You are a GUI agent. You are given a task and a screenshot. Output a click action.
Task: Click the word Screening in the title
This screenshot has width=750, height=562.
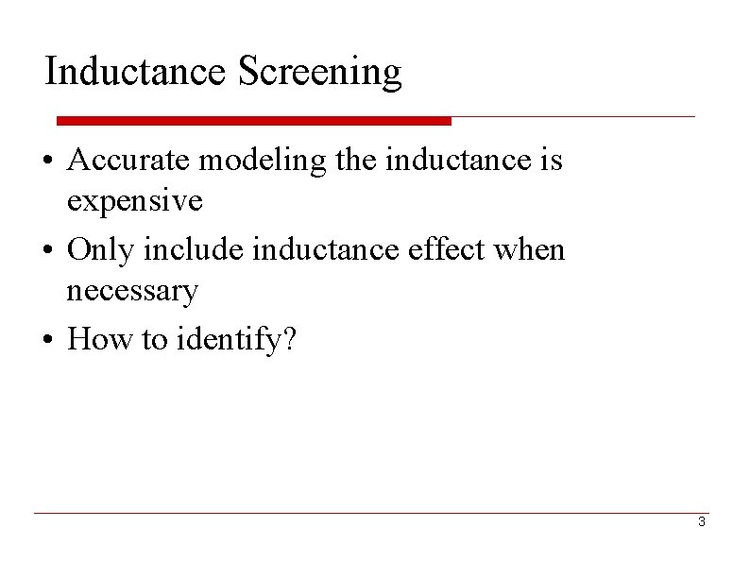(320, 73)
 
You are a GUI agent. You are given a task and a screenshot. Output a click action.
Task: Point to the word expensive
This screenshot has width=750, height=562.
(134, 201)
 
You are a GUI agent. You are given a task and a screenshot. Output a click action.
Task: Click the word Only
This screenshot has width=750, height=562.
(101, 249)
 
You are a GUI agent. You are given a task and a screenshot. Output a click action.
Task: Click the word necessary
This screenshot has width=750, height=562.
(132, 290)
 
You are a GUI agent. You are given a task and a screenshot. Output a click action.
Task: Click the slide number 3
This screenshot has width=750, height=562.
(701, 522)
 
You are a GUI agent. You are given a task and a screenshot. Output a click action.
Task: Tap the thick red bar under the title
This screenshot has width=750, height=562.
(253, 121)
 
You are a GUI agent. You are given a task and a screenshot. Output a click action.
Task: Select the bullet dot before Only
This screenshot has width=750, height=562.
(47, 251)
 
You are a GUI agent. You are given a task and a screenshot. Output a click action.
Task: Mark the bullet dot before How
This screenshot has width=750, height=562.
(47, 340)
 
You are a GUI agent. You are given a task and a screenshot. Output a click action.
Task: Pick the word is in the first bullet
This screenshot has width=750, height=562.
(551, 161)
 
